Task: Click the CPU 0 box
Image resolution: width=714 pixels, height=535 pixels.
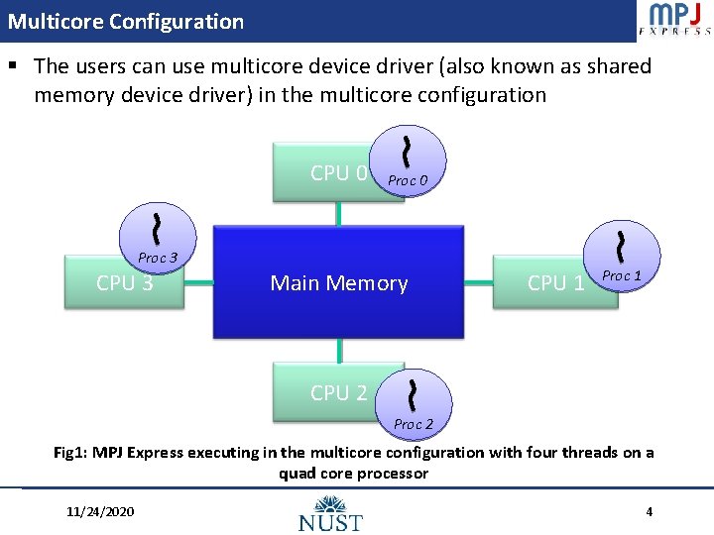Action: (328, 173)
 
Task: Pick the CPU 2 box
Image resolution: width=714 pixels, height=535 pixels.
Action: (332, 393)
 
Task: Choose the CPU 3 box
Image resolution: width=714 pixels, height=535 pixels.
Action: (124, 283)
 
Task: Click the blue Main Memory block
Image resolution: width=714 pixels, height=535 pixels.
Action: (338, 283)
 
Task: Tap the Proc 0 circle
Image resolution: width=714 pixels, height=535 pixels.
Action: (408, 160)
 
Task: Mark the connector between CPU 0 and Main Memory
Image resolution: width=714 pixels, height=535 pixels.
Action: (339, 215)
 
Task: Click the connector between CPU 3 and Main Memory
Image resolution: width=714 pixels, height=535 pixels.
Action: (199, 283)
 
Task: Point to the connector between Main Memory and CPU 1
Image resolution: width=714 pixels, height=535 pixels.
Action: (480, 283)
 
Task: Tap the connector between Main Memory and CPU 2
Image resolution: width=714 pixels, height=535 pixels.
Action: (339, 351)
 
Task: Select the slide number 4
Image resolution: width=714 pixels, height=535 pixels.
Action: (649, 512)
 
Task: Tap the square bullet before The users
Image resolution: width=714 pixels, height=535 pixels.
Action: (14, 67)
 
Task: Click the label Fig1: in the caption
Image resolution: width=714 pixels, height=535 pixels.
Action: (71, 453)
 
